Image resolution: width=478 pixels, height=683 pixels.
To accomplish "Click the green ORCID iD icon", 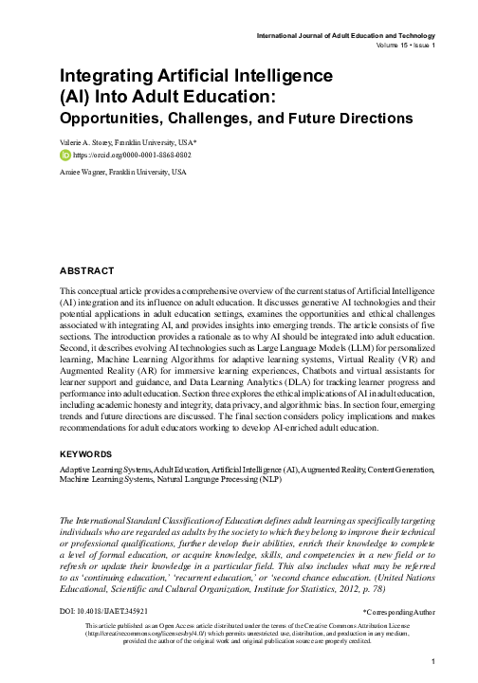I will pyautogui.click(x=65, y=154).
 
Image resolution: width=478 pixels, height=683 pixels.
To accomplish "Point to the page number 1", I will pyautogui.click(x=432, y=661).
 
